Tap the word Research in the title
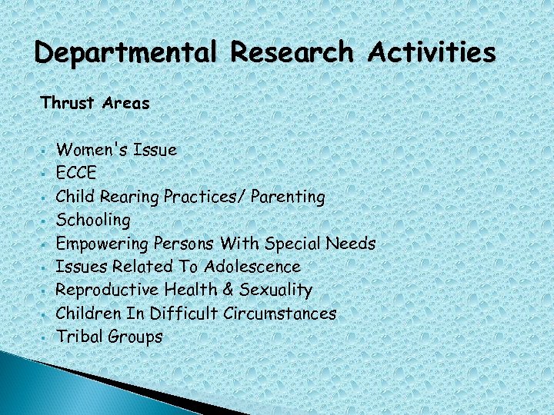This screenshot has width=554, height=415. (x=292, y=54)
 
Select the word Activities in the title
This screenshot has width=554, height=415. (x=432, y=54)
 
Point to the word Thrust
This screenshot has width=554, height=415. (x=67, y=103)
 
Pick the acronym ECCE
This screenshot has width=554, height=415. (x=77, y=173)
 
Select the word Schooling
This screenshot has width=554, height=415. (x=93, y=221)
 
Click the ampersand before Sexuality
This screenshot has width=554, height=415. (x=216, y=290)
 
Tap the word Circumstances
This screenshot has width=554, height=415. (x=280, y=314)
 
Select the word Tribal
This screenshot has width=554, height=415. (x=79, y=337)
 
